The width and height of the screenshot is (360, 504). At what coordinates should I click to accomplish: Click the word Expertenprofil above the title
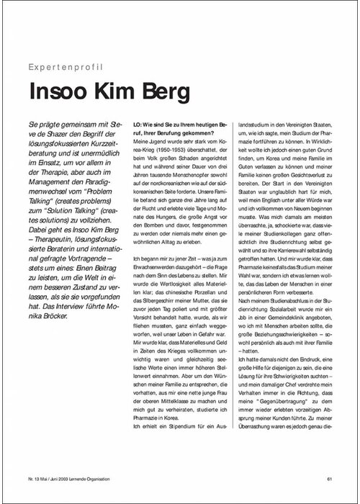[x=67, y=67]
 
